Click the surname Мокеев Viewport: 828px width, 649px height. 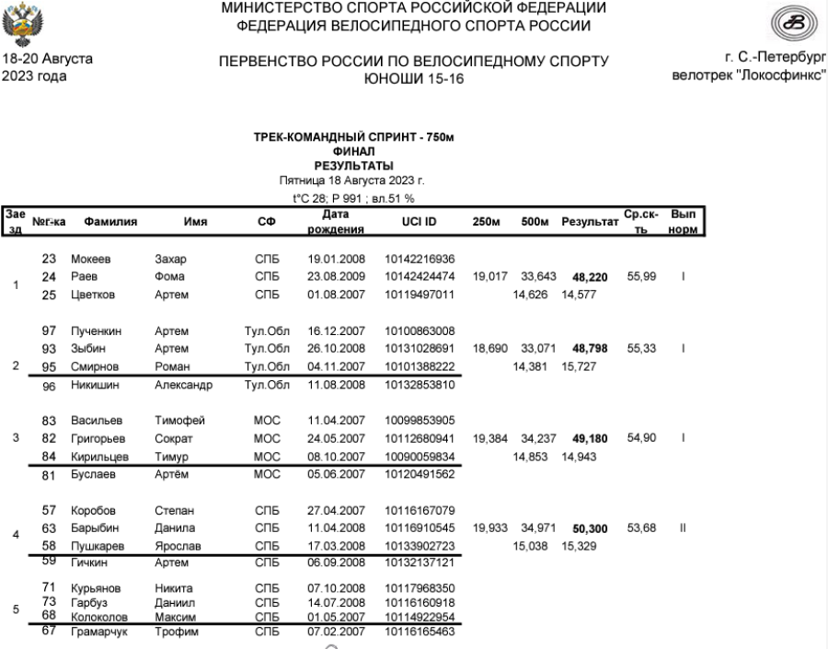pos(92,259)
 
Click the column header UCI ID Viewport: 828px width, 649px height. pos(411,222)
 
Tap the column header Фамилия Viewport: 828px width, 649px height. pos(106,222)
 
